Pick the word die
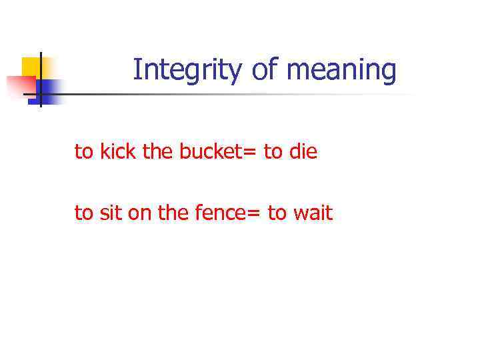[303, 152]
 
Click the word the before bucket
[157, 152]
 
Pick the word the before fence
[173, 213]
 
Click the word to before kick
[83, 152]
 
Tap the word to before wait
[277, 213]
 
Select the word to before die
[273, 152]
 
